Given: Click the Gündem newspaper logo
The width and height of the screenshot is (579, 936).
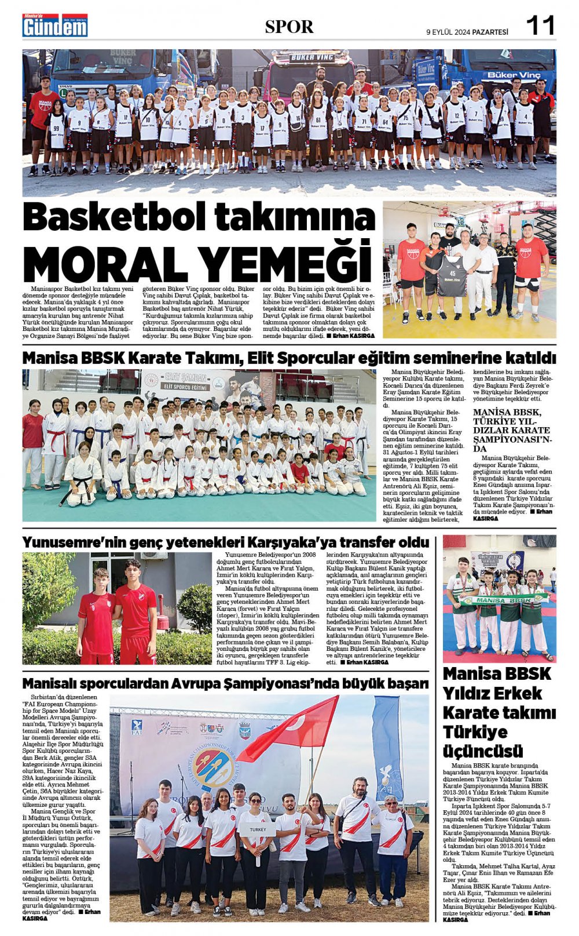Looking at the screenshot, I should coord(56,26).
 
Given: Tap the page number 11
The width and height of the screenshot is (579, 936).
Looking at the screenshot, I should coord(540,26).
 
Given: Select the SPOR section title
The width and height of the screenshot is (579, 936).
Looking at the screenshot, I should coord(289,27).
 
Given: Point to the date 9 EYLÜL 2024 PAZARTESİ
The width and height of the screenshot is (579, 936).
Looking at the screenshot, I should coord(467,32).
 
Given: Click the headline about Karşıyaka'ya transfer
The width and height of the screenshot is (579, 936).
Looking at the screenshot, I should coord(226,542).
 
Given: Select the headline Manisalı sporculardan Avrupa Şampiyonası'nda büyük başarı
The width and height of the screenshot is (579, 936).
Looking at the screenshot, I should coord(226,684).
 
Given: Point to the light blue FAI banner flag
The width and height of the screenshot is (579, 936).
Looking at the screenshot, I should coord(387,748).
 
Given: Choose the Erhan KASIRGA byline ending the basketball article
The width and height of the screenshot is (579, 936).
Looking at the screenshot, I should coord(353,336).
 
